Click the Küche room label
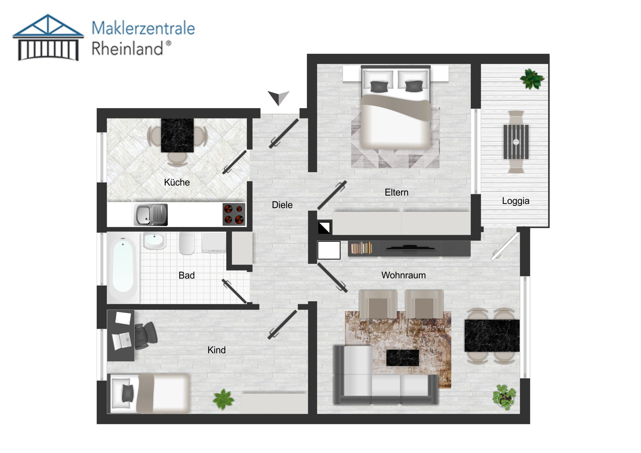(x=177, y=182)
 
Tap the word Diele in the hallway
(x=282, y=205)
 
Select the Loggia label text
(x=515, y=201)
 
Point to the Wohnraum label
(x=404, y=275)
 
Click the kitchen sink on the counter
(x=150, y=214)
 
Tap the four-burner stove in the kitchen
(x=234, y=214)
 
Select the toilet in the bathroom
(x=187, y=243)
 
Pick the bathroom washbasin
(x=154, y=240)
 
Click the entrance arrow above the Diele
(x=278, y=98)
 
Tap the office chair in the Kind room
(x=145, y=335)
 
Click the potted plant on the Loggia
(x=532, y=79)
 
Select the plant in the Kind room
(x=223, y=400)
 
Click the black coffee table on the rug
(x=402, y=357)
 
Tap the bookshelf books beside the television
(x=361, y=248)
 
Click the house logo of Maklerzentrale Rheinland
(x=48, y=37)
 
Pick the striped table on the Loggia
(x=516, y=142)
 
